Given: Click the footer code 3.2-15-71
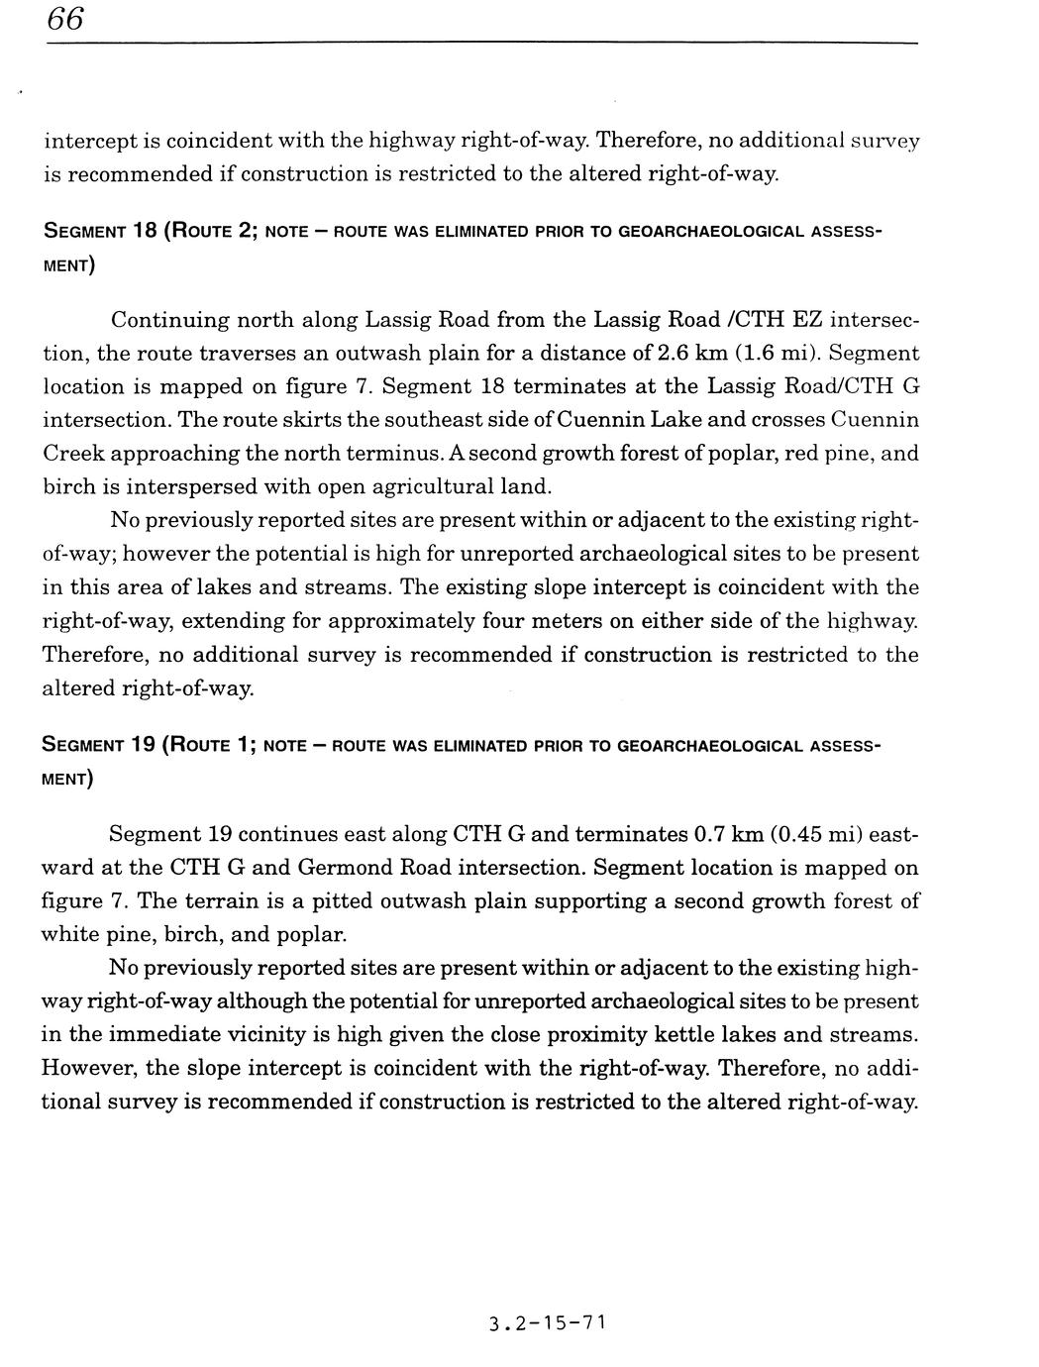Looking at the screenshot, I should [x=547, y=1322].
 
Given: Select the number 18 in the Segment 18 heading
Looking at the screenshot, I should [x=140, y=232].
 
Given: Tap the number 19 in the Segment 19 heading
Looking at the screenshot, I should [x=140, y=744].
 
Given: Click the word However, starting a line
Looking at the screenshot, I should [x=88, y=1069].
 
